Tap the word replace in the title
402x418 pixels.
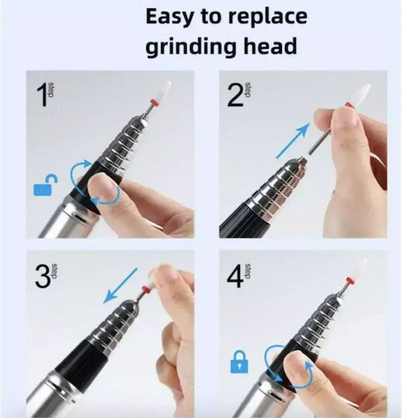point(267,18)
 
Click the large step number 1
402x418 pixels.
point(42,95)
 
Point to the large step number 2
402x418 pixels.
point(235,95)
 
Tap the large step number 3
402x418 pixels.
point(43,276)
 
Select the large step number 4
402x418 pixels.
point(235,276)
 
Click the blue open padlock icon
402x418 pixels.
point(45,185)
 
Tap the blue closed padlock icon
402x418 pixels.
point(239,361)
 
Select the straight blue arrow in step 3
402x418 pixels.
point(120,286)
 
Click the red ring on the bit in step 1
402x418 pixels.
point(153,102)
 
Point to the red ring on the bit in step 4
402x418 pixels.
point(349,280)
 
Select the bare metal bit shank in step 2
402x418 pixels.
point(320,142)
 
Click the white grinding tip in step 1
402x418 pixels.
point(163,91)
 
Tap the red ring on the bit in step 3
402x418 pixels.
point(146,290)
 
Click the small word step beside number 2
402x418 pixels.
point(247,90)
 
